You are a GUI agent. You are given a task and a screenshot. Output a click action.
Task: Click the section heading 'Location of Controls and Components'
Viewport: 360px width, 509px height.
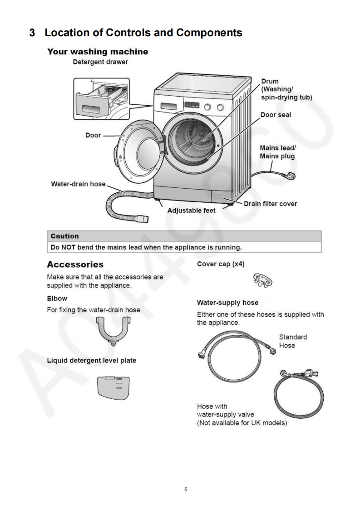click(143, 33)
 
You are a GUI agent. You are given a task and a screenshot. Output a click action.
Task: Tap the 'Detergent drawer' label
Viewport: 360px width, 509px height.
click(100, 62)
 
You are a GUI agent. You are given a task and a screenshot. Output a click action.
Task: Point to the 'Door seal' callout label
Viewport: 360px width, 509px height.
click(276, 115)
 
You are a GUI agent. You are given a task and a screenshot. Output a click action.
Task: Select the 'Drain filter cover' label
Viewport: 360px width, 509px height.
click(270, 204)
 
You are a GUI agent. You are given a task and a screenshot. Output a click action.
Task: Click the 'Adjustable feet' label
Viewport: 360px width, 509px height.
click(192, 211)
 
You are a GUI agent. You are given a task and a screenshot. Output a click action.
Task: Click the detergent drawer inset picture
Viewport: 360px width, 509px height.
click(101, 98)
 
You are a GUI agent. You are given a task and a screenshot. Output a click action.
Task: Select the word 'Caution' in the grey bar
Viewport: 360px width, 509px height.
click(64, 236)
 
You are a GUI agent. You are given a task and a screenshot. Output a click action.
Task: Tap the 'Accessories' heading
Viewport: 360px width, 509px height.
click(75, 264)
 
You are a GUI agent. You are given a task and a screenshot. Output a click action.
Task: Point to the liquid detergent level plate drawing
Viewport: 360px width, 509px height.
click(113, 386)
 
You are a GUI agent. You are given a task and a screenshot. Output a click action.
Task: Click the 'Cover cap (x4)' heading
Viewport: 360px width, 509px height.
click(221, 264)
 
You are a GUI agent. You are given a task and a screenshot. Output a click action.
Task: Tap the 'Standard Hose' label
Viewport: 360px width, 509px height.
click(292, 341)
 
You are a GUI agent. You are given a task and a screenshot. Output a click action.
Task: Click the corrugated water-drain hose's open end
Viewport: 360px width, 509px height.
click(144, 219)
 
